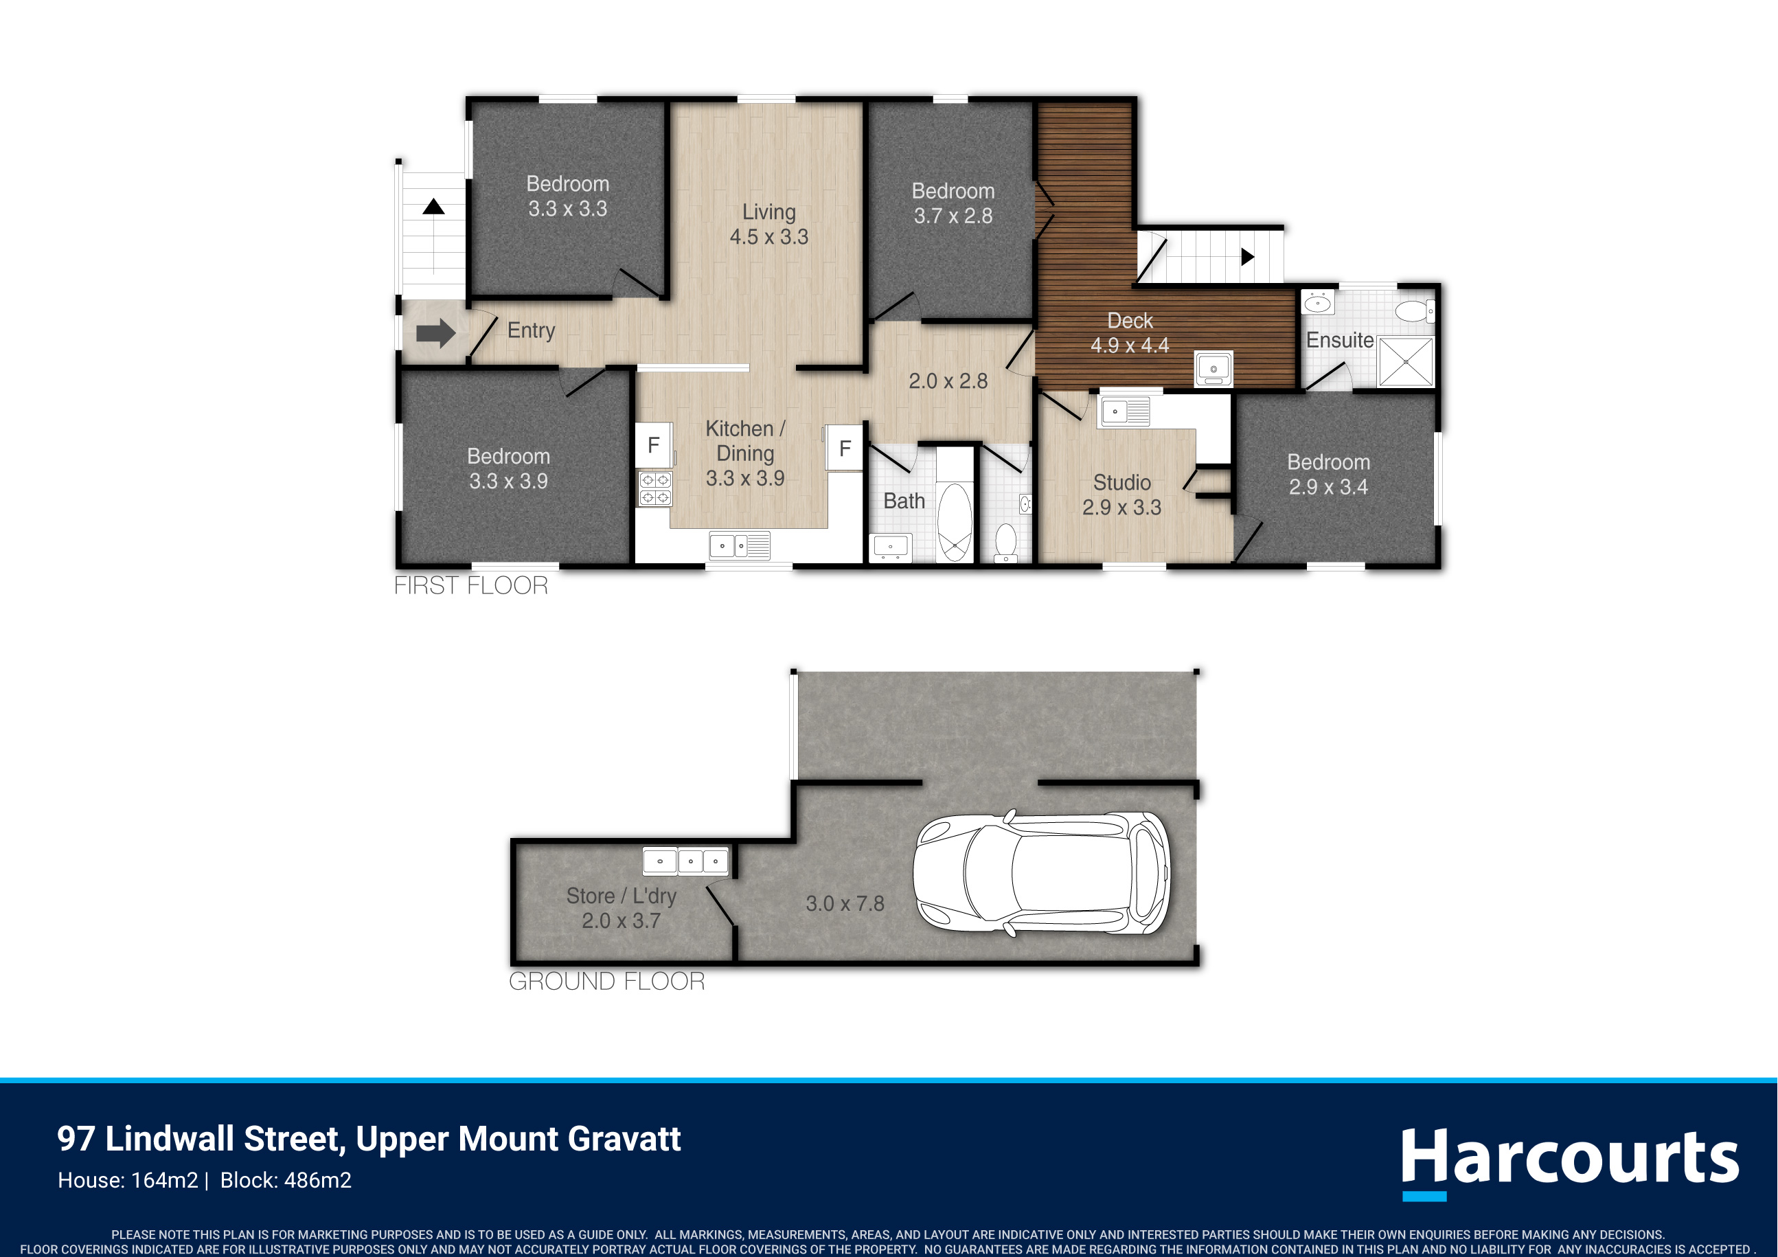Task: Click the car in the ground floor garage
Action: [x=1042, y=874]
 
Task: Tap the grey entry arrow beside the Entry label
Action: [x=436, y=333]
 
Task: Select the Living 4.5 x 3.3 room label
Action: [x=769, y=224]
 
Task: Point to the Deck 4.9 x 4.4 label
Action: [x=1130, y=333]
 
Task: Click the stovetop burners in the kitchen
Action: [x=654, y=488]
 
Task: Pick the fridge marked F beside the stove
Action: [x=654, y=445]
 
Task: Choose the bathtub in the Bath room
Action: [x=955, y=521]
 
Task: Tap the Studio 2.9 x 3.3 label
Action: [x=1122, y=495]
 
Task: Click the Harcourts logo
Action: [x=1571, y=1162]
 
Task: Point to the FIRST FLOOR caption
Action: [x=471, y=585]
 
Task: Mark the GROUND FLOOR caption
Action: [x=607, y=982]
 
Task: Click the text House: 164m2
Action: [x=128, y=1180]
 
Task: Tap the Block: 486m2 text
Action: [x=286, y=1180]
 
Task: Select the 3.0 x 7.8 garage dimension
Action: [x=845, y=904]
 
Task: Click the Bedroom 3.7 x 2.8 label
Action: [x=953, y=203]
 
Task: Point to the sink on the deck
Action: [x=1213, y=369]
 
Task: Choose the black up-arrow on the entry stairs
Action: [x=433, y=207]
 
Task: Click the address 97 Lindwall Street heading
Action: [x=369, y=1138]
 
